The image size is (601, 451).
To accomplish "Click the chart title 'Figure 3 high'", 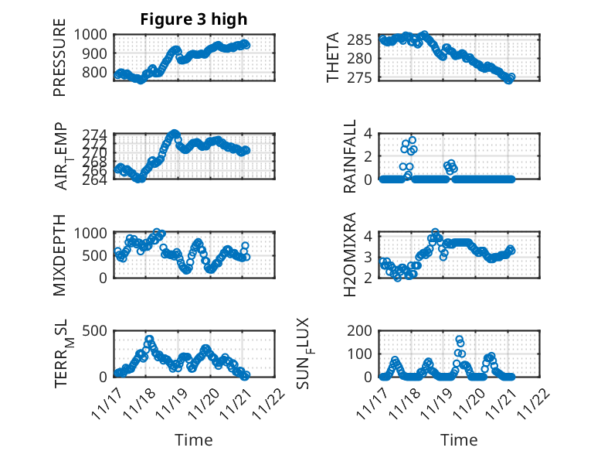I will (194, 19).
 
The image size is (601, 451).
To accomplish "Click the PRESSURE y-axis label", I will (59, 63).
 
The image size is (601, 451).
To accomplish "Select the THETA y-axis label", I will (333, 57).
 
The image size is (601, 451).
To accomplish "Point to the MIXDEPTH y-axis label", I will (59, 255).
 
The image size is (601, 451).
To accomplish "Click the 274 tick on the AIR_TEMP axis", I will (98, 135).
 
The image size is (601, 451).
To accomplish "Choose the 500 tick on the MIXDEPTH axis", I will (98, 255).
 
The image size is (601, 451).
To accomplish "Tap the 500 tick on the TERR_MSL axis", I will (98, 330).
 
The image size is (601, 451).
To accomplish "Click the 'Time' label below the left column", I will (194, 440).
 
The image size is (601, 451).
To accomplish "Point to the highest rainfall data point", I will (412, 140).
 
